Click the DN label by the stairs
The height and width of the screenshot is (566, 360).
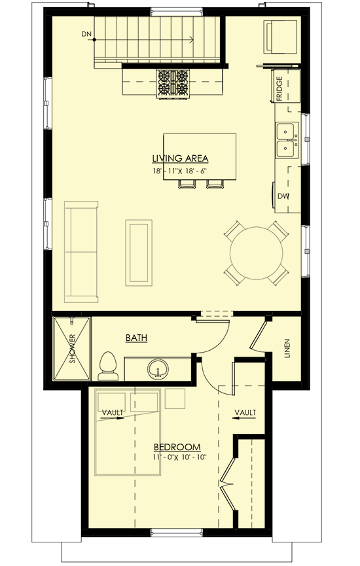86,33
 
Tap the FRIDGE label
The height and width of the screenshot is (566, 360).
279,89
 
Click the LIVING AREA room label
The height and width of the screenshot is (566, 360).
180,158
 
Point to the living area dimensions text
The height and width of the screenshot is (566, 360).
180,171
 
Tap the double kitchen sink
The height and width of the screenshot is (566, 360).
286,140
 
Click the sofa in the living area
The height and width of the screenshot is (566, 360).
81,251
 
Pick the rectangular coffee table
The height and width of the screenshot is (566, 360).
139,253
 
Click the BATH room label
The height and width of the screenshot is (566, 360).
136,338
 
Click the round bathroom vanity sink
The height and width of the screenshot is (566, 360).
157,368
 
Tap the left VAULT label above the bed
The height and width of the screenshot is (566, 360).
113,412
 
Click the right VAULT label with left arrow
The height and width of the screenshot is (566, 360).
245,412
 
